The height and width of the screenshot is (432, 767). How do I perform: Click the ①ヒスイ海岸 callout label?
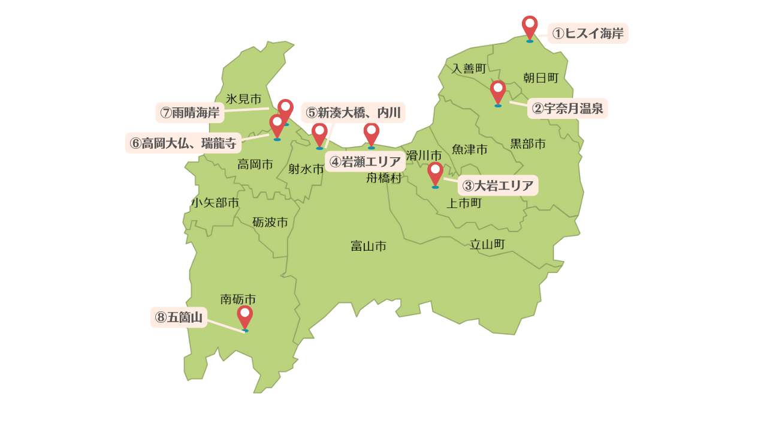point(588,34)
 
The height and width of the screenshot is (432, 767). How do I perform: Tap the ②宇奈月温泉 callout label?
point(567,109)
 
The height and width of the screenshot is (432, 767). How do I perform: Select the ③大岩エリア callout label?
point(498,185)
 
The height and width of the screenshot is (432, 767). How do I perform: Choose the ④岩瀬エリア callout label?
point(365,161)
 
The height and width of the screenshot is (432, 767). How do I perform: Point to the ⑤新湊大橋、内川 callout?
point(353,112)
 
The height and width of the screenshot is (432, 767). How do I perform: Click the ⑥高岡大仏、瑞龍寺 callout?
point(183,143)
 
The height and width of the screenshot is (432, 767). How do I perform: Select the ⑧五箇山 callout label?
point(179,317)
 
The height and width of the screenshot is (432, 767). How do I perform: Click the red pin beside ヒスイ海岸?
point(530,28)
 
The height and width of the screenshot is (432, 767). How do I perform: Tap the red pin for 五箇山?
point(244,317)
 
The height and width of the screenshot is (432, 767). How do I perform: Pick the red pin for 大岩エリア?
point(435,173)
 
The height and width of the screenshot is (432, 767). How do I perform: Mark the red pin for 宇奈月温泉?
point(498,92)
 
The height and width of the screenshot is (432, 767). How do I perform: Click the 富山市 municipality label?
point(369,245)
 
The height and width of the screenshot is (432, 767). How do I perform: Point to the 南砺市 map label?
point(238,298)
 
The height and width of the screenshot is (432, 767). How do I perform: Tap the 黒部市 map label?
point(528,144)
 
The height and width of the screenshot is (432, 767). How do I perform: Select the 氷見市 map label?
point(244,98)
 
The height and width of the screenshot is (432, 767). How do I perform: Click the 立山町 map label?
point(487,244)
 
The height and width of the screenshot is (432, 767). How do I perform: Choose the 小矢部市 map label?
point(215,203)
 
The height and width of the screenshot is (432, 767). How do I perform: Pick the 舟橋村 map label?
point(383,178)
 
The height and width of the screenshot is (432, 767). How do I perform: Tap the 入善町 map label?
point(469,68)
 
